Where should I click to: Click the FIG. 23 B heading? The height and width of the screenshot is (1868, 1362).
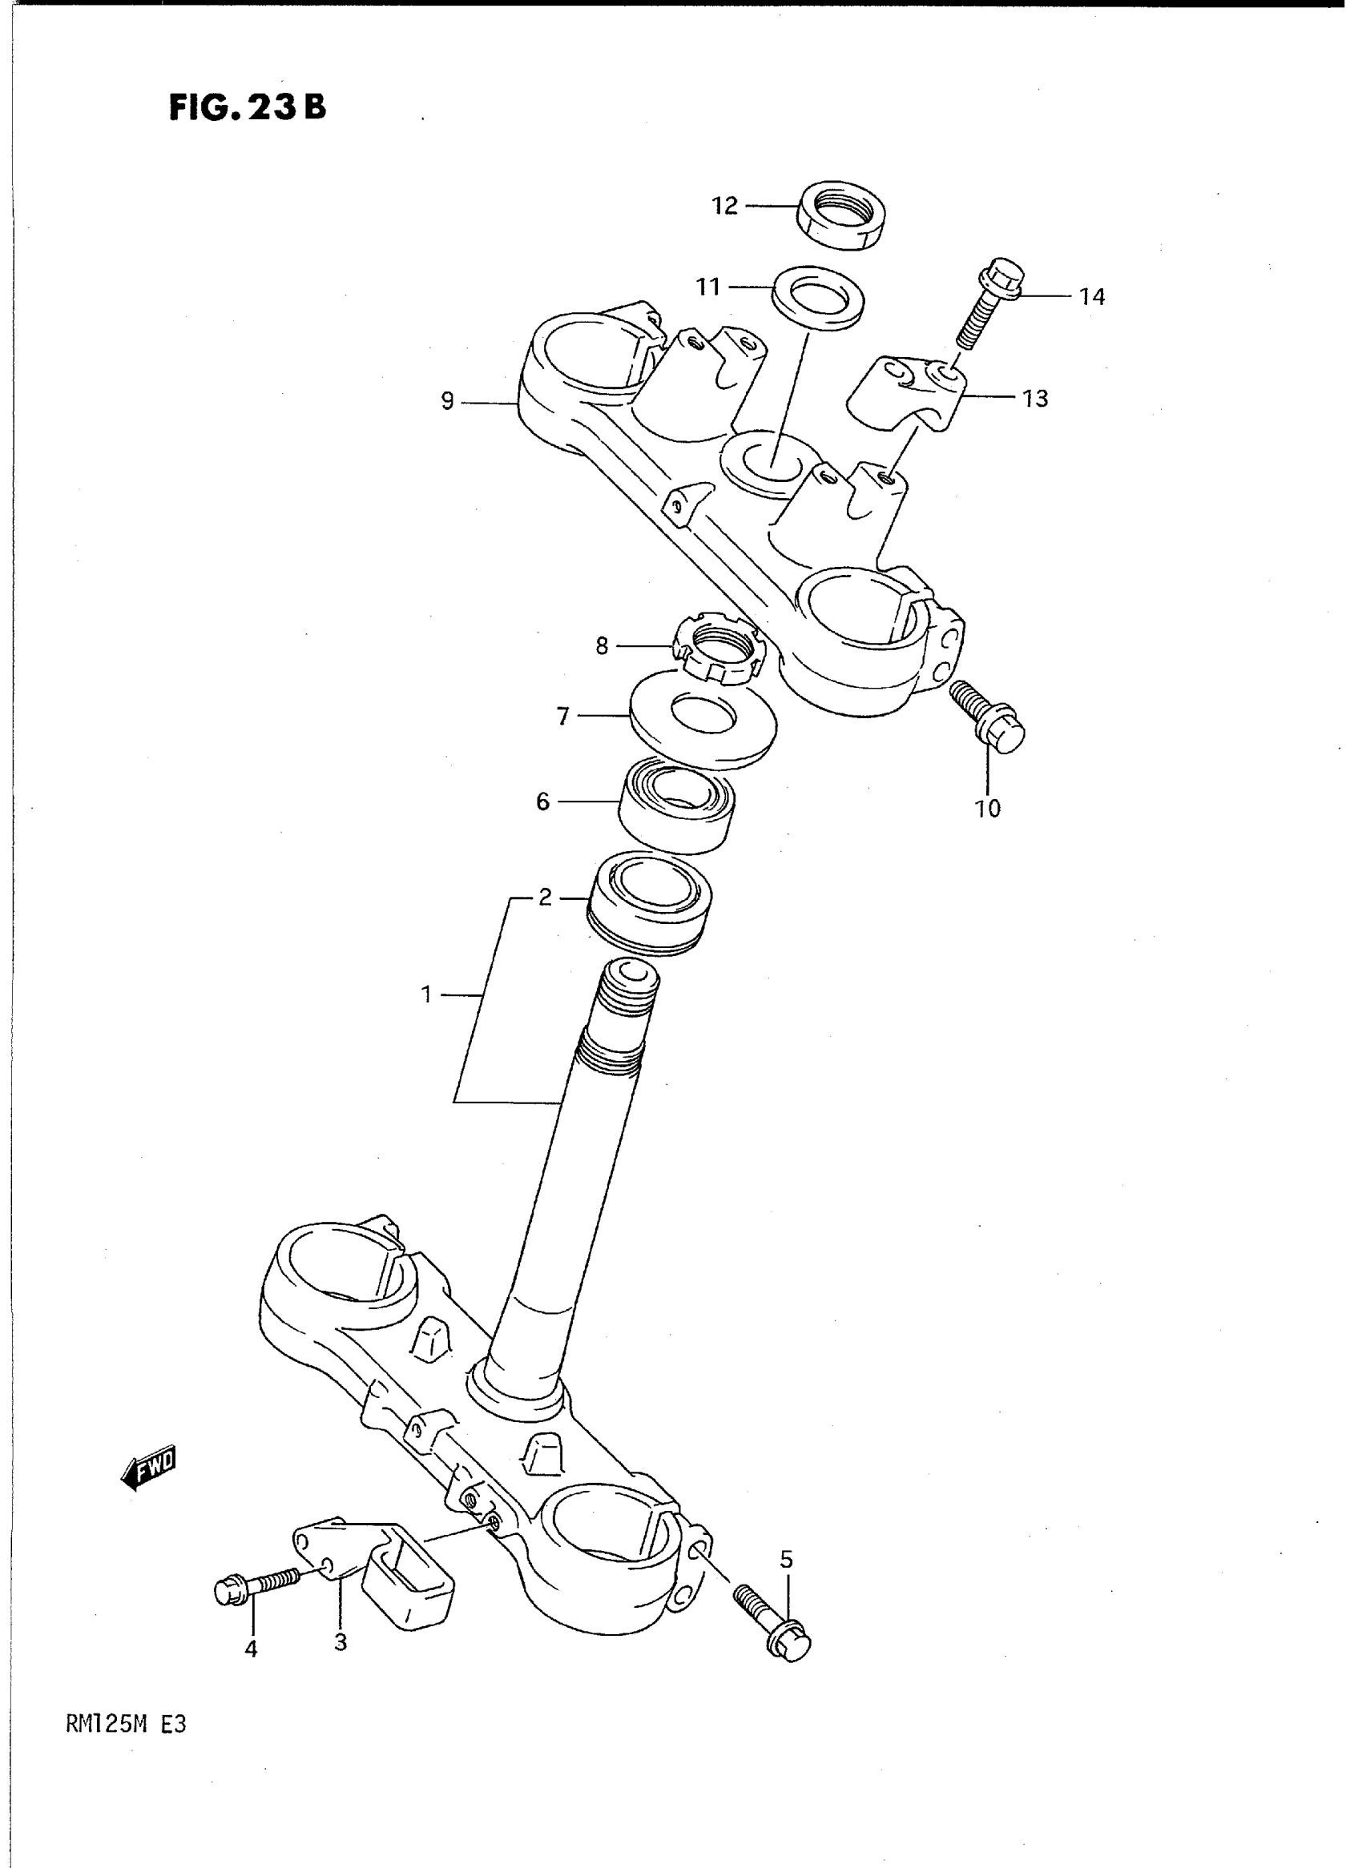tap(248, 108)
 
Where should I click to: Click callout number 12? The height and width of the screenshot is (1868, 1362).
tap(725, 206)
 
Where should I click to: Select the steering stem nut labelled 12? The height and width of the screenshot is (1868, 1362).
tap(840, 215)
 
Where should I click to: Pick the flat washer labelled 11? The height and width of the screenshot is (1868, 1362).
tap(818, 295)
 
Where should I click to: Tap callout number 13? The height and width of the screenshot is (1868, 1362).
tap(1034, 399)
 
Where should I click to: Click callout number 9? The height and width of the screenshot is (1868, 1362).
tap(448, 402)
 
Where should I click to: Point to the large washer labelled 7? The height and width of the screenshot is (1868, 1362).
tap(702, 718)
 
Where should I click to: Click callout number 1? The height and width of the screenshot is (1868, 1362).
tap(426, 995)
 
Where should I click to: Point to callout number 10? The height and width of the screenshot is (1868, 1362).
tap(988, 809)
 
